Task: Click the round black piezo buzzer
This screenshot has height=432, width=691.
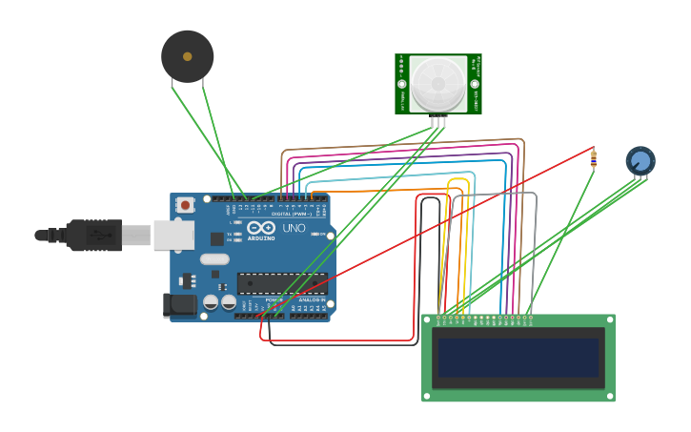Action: pos(187,56)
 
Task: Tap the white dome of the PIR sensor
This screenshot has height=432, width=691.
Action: pos(438,84)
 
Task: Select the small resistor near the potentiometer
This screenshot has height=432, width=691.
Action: pos(594,159)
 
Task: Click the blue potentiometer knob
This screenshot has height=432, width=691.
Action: pos(640,160)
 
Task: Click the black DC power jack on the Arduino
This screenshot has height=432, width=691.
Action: pos(178,305)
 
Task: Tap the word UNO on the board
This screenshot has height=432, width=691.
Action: pos(294,229)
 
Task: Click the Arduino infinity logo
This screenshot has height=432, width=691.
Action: pos(261,228)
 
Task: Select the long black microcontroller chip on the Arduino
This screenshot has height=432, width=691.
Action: pos(281,283)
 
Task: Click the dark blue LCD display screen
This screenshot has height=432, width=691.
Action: pos(518,358)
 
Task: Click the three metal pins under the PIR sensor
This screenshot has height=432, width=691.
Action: pos(438,120)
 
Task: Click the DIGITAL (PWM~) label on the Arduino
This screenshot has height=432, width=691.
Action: pos(292,214)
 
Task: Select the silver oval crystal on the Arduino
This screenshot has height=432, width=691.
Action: pos(215,258)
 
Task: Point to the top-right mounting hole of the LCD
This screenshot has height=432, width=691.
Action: pos(609,319)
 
